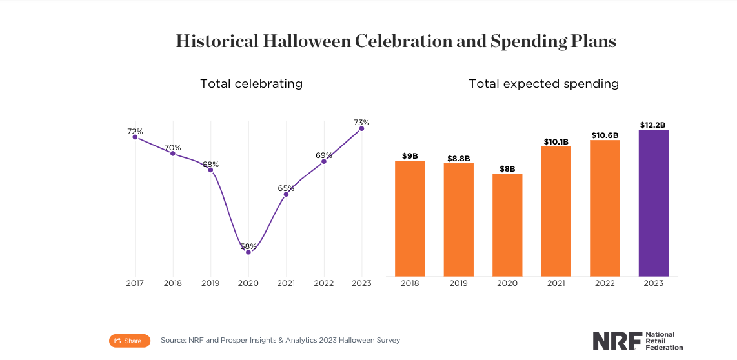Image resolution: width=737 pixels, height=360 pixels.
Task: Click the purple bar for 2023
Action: (653, 203)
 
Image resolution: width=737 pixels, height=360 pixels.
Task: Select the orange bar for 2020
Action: (507, 225)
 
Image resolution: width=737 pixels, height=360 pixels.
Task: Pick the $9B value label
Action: (410, 155)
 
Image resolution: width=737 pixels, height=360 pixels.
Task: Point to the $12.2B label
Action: (653, 125)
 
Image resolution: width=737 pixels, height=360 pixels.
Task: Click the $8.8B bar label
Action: (458, 158)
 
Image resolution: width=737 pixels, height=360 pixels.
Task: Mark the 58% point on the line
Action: (248, 252)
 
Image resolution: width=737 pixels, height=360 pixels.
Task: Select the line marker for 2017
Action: (135, 137)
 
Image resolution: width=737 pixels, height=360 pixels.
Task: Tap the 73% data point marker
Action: (361, 128)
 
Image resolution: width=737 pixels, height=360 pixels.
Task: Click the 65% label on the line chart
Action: (286, 188)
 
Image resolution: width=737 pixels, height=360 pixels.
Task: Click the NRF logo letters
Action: (617, 341)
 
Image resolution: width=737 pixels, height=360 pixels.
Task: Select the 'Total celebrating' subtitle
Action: (251, 84)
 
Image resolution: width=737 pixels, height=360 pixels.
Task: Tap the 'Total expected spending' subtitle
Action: (543, 84)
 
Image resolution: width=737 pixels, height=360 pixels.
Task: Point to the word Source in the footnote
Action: (174, 340)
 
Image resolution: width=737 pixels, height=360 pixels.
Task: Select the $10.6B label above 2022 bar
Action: (605, 135)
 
